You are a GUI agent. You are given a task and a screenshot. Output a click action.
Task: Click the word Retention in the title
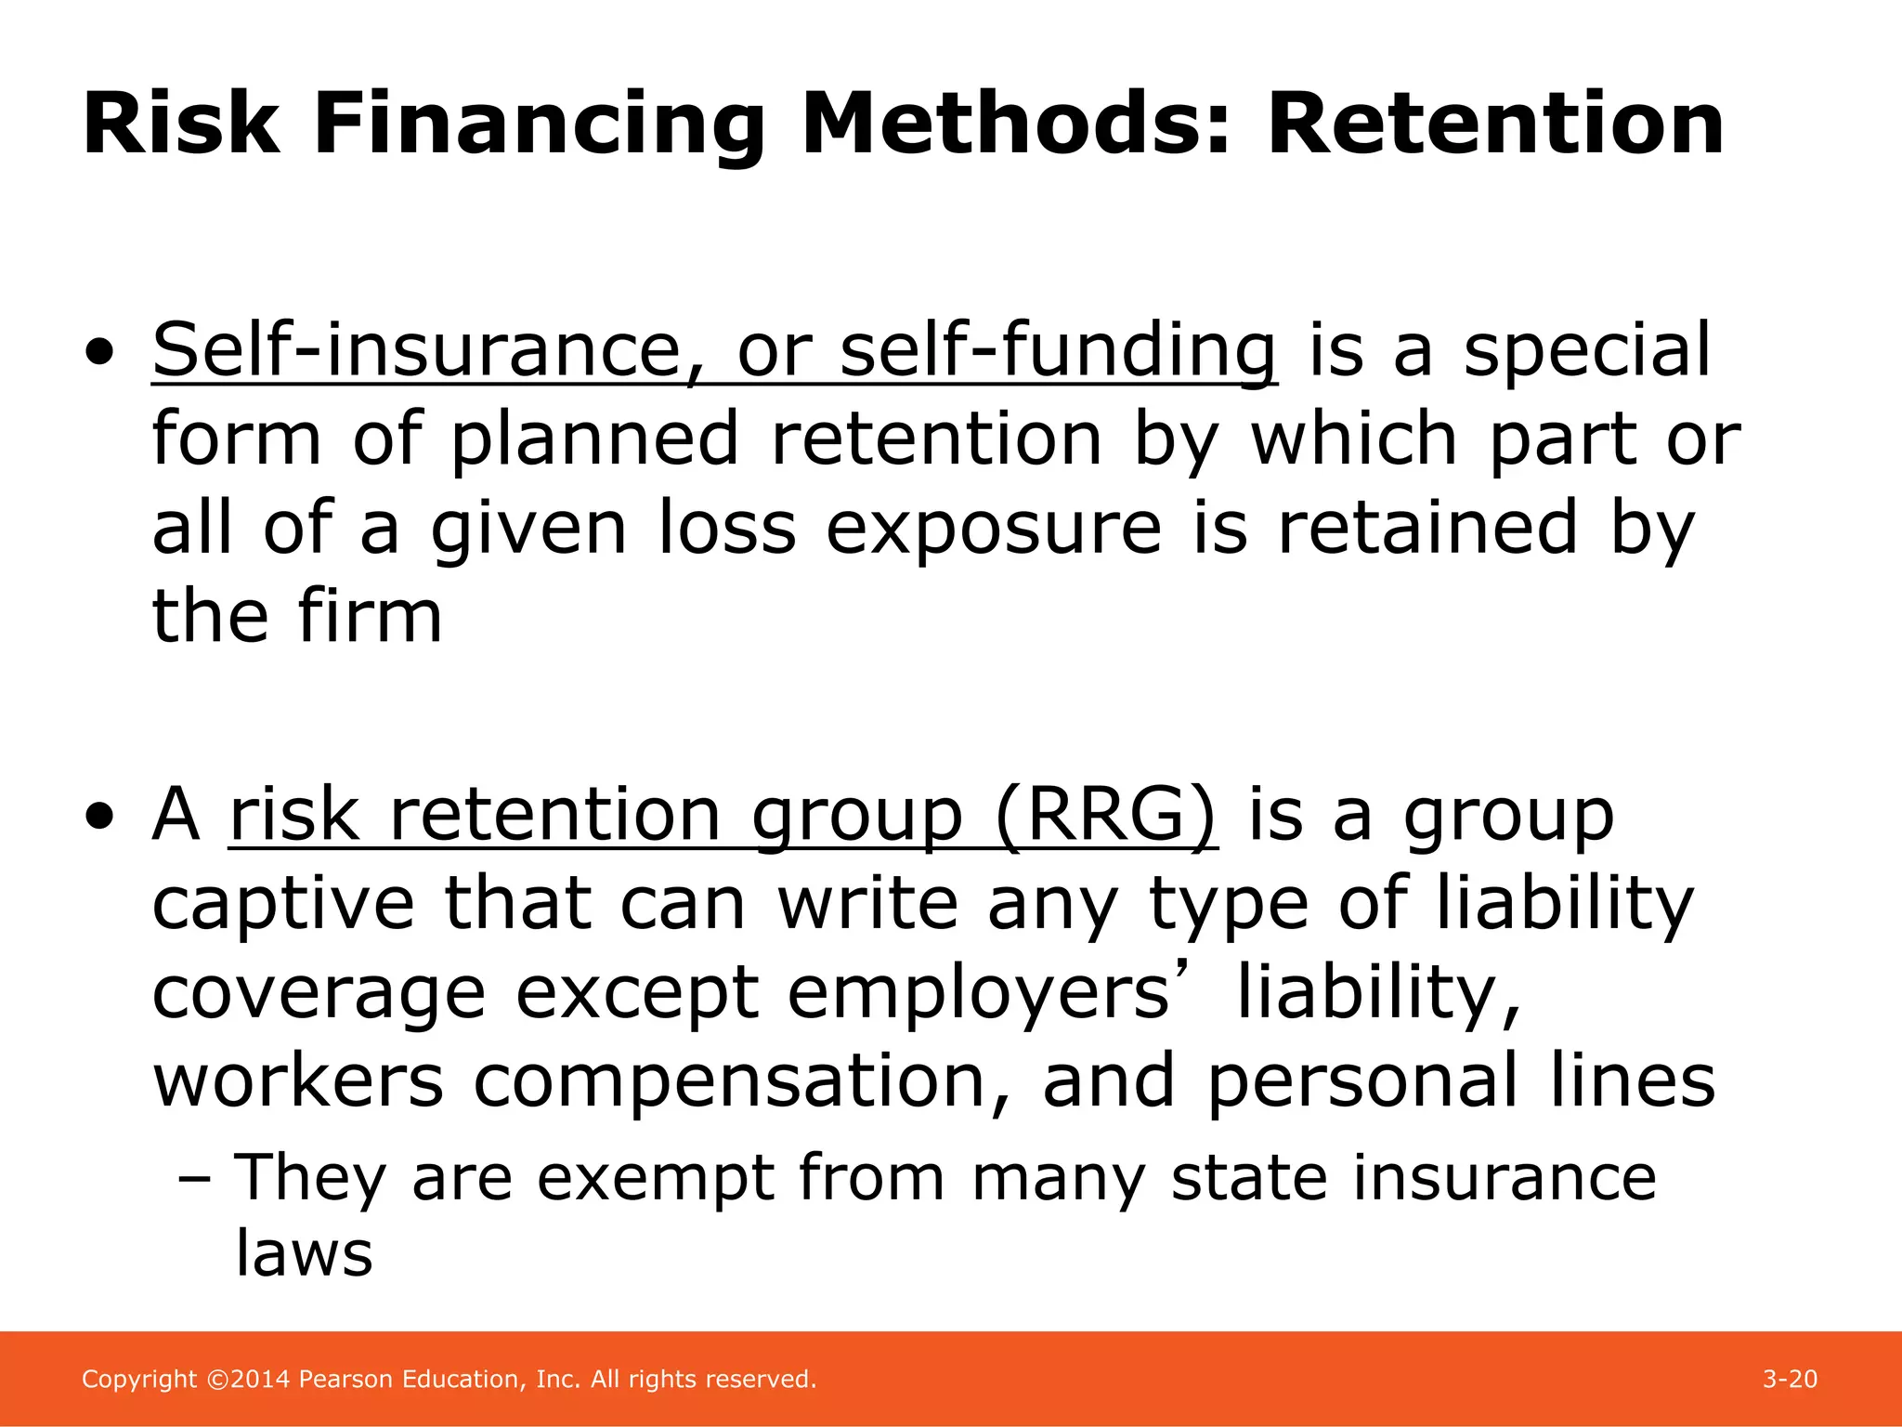tap(1495, 124)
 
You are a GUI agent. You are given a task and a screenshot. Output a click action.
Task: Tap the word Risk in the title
tap(180, 124)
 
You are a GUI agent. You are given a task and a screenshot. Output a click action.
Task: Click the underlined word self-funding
tap(1058, 351)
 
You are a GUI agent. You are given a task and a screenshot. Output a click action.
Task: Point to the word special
tap(1586, 351)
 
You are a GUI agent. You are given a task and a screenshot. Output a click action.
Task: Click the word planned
tap(594, 439)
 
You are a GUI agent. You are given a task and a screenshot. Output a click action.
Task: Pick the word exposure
tap(993, 529)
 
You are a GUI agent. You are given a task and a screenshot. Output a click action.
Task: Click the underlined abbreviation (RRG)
tap(1105, 815)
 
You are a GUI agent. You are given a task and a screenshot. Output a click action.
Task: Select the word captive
tap(282, 905)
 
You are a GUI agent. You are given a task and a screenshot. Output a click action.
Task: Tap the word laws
tap(304, 1253)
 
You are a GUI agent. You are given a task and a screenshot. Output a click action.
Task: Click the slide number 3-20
tap(1790, 1379)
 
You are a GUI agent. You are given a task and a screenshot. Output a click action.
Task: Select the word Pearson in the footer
tap(345, 1379)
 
